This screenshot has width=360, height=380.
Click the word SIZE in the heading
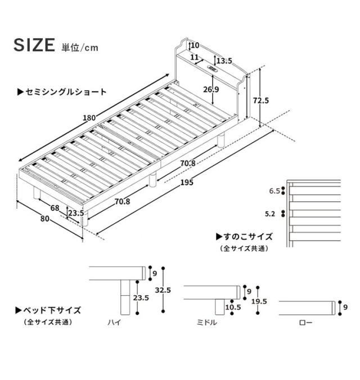pos(34,45)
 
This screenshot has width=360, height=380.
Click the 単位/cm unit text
pos(80,47)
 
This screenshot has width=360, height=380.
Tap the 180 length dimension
pos(89,118)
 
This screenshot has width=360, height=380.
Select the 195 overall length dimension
pos(187,182)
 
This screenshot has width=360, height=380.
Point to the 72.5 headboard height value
pos(261,100)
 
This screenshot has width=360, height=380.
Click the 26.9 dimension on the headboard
pos(211,89)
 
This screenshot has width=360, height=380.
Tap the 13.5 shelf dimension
pos(224,61)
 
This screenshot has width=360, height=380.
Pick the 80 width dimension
pos(45,219)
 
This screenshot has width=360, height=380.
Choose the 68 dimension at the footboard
pos(55,208)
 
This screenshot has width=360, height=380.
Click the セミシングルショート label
pos(62,92)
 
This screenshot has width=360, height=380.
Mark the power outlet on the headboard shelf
pos(213,69)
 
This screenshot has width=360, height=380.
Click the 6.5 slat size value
pos(274,191)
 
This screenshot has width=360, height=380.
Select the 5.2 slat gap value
pos(270,214)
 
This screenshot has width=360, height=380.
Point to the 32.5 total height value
pos(163,290)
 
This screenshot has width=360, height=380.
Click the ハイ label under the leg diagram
pos(114,322)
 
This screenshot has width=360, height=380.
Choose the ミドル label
pos(206,322)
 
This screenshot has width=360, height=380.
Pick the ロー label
pos(305,322)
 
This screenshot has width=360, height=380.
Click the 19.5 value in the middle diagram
pos(259,301)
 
